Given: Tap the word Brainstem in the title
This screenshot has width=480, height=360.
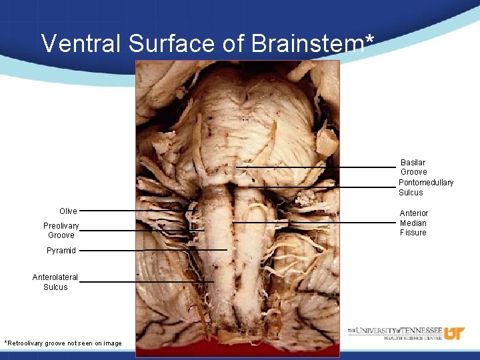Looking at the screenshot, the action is point(307,44).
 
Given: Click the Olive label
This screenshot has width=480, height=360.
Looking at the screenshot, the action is point(68,211).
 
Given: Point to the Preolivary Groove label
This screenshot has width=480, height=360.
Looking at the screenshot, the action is point(61,231).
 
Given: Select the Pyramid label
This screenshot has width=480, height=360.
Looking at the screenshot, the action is point(61,251).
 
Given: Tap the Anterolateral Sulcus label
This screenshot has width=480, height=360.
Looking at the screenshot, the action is point(55,282).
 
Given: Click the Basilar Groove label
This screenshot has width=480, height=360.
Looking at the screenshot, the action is point(413,167).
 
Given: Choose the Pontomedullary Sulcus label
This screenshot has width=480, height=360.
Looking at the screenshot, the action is point(426,187).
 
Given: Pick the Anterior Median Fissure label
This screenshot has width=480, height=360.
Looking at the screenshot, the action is point(414,223).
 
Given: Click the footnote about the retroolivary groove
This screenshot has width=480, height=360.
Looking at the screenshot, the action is point(63,343).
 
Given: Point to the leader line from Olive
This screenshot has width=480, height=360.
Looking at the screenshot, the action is point(133,211).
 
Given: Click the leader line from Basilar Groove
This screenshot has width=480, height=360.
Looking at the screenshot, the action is point(313,167).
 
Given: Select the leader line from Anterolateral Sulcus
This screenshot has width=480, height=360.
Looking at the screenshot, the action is point(147,282).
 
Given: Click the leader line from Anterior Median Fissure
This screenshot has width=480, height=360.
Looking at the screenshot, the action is point(313,222).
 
